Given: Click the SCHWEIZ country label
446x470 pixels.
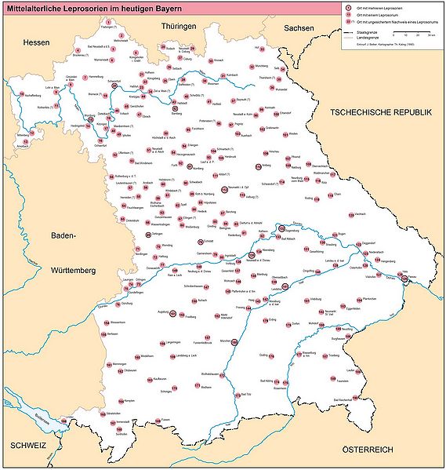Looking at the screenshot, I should pos(24,445).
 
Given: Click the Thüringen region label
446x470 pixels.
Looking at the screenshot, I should pos(178,27).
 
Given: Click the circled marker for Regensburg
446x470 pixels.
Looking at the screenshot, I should pos(281,228).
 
